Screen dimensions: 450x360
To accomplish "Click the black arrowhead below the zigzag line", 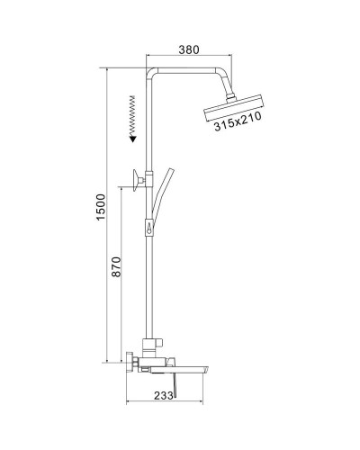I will [x=132, y=139].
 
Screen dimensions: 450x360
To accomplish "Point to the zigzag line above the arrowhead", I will [x=132, y=112].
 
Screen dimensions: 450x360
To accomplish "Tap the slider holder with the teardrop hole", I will [x=146, y=229].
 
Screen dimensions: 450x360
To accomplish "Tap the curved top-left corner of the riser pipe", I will [x=148, y=74].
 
